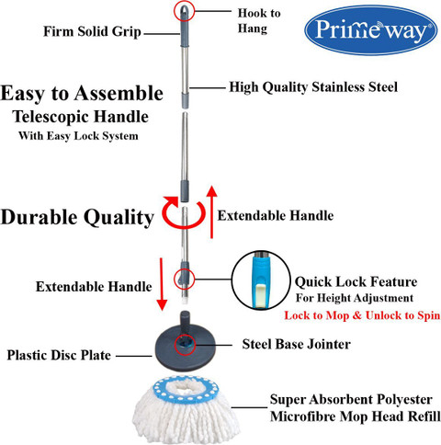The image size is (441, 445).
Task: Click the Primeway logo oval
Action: coord(371,30)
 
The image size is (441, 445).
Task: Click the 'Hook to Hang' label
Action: coord(259,21)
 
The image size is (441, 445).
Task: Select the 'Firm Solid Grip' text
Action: coord(92,31)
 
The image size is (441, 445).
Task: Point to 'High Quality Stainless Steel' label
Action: coord(313,87)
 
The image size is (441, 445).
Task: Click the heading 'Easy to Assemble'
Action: coord(82,93)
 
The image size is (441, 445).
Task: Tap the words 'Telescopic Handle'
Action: coord(81,117)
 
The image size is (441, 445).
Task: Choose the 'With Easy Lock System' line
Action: coord(78,136)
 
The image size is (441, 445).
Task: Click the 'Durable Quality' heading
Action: coord(77,217)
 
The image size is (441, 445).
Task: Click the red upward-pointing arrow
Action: coord(211,211)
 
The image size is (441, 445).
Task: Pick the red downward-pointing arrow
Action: coord(162,284)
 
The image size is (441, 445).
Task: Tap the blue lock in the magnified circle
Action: coord(261,280)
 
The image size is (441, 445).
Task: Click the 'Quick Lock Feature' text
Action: coord(356,282)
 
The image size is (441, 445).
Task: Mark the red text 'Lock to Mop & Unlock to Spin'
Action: coord(362,315)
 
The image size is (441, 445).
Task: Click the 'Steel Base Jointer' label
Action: coord(296,344)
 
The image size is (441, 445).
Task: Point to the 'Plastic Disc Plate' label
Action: coord(59,356)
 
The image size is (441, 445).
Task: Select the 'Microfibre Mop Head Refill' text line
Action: coord(356,416)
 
